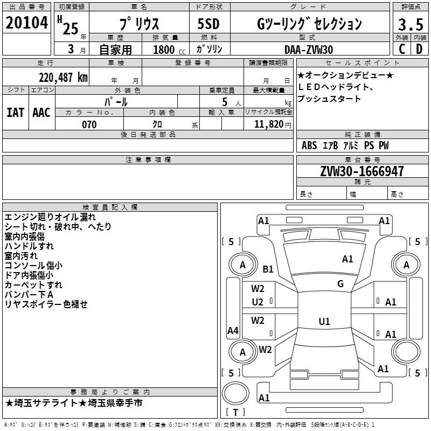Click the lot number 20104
(x=27, y=24)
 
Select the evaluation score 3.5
(x=410, y=25)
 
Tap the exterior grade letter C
(x=401, y=48)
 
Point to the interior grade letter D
(x=419, y=48)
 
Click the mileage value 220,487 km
(x=63, y=78)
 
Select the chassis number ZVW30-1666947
(x=362, y=172)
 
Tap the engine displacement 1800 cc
(x=165, y=50)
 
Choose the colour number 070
(x=89, y=124)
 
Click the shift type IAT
(x=15, y=112)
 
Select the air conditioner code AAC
(x=41, y=112)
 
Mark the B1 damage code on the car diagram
(x=268, y=269)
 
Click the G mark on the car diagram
(x=340, y=284)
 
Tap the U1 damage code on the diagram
(x=324, y=321)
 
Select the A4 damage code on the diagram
(x=233, y=331)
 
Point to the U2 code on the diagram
(x=258, y=302)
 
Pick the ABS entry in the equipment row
(x=309, y=145)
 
